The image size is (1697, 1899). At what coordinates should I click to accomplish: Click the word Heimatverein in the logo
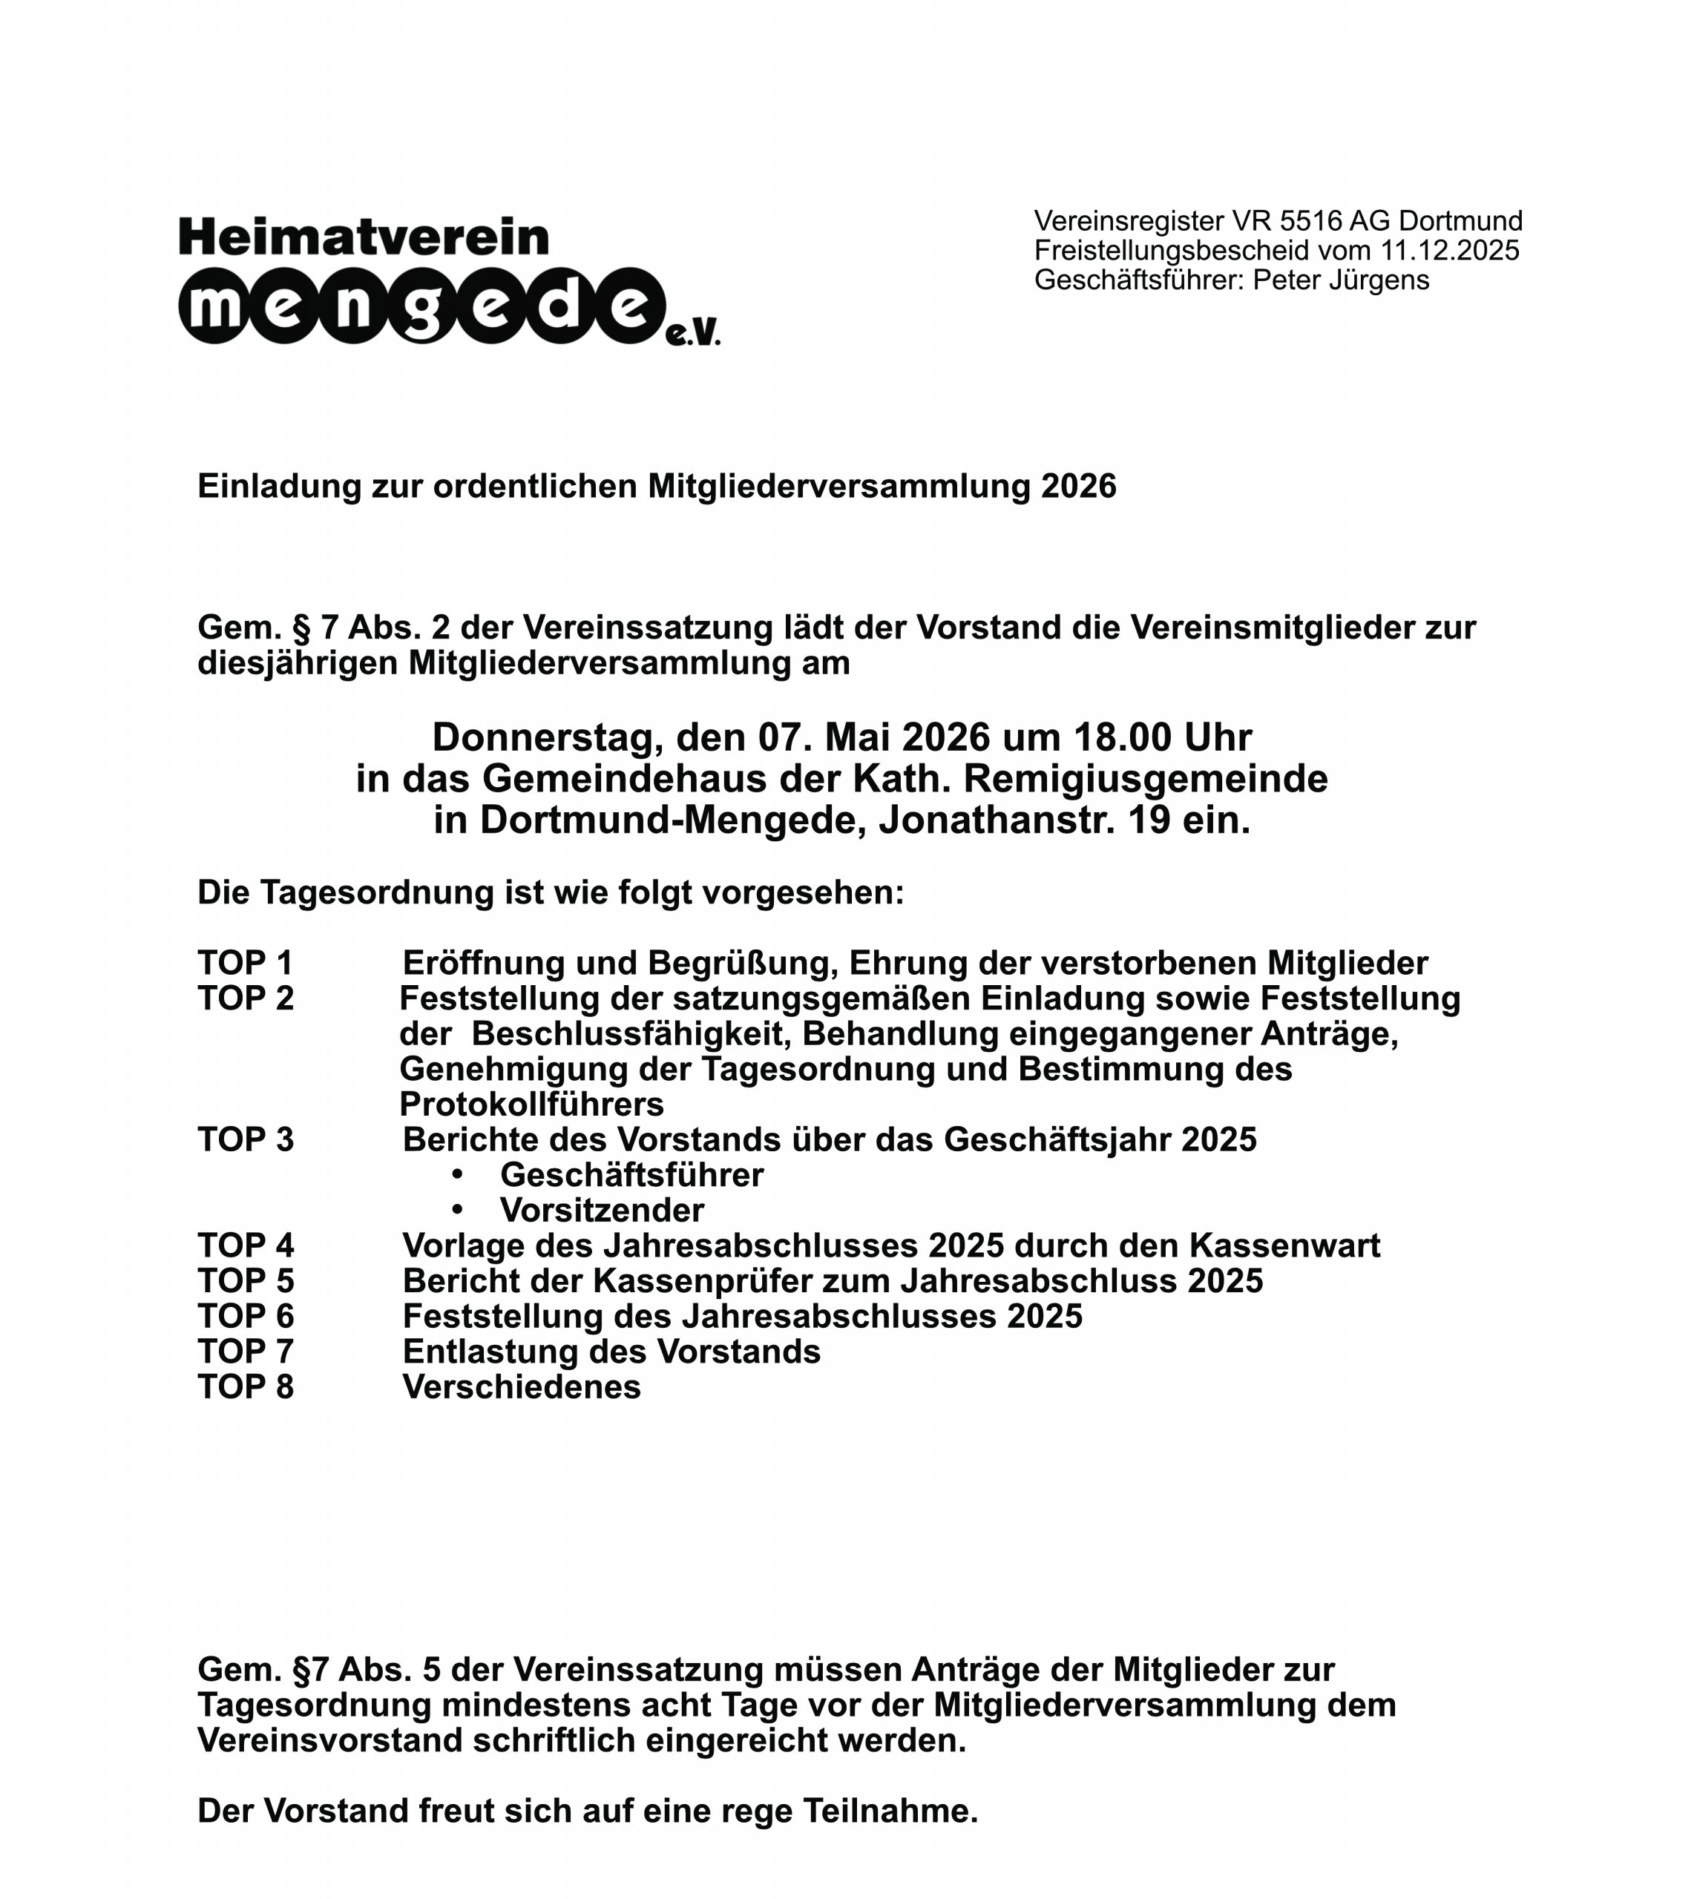click(364, 237)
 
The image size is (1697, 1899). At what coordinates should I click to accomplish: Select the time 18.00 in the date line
click(1123, 737)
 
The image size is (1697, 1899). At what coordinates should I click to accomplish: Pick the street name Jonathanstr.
click(997, 820)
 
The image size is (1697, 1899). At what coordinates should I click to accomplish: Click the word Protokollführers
click(531, 1105)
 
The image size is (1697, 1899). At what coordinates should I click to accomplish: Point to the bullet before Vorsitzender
click(457, 1209)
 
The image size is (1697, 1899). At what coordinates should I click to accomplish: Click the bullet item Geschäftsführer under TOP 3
click(631, 1176)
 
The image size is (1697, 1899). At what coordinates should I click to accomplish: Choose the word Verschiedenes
click(521, 1387)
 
